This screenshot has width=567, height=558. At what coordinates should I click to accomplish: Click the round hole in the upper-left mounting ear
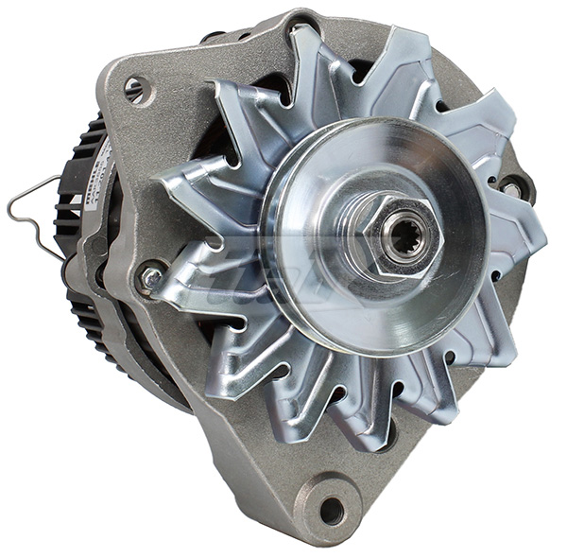(x=134, y=89)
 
